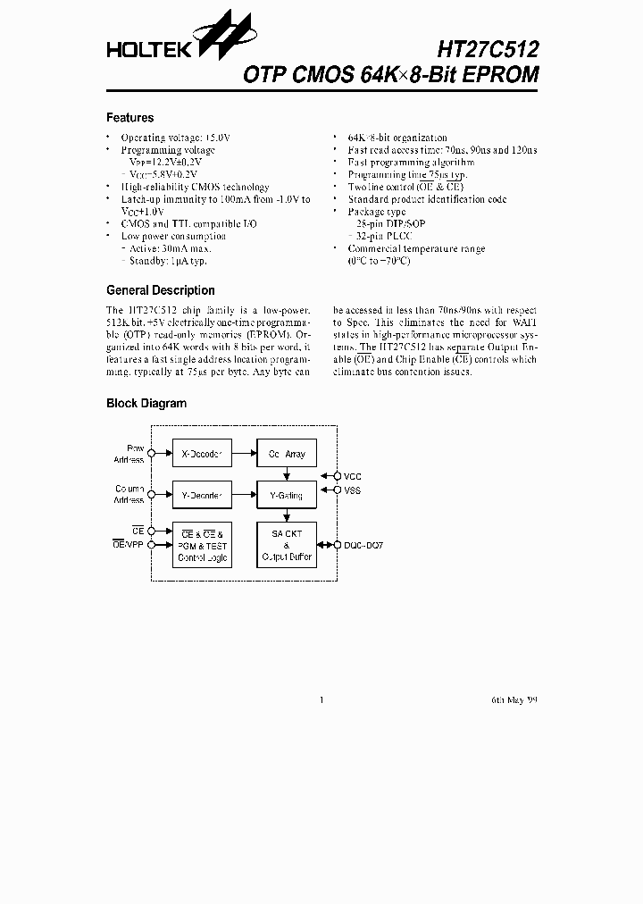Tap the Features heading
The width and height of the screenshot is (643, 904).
point(129,118)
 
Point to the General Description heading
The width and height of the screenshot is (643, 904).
point(160,290)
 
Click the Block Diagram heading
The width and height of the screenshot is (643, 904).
point(146,403)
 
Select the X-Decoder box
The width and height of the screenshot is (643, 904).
point(203,454)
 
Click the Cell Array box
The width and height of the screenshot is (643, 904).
point(286,454)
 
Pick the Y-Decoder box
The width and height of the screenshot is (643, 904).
point(203,495)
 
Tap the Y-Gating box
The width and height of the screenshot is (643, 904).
point(286,495)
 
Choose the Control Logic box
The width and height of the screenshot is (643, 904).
point(203,545)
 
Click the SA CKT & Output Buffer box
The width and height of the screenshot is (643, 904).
point(286,545)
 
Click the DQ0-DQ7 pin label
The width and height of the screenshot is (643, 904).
point(363,544)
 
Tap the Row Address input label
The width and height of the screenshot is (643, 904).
point(130,454)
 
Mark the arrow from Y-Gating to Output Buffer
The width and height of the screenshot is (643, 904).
point(286,515)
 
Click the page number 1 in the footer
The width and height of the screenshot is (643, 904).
point(320,700)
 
